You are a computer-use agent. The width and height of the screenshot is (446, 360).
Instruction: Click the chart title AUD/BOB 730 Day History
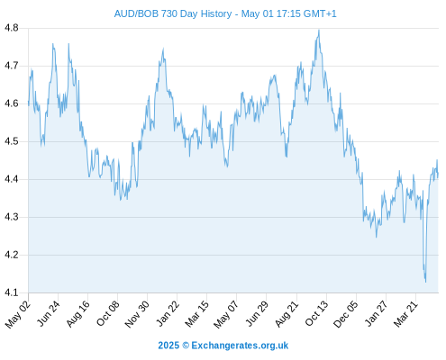point(173,13)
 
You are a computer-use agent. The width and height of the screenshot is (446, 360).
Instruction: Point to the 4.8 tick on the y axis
point(12,28)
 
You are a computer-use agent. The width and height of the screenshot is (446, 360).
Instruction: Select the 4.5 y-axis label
point(12,141)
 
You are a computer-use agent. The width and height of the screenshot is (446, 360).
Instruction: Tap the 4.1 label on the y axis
point(12,292)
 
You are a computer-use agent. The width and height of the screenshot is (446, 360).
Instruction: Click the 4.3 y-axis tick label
point(12,217)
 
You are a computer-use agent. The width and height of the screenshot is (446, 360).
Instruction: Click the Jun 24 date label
point(49,313)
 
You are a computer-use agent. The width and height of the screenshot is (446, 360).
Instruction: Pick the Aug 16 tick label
point(78,313)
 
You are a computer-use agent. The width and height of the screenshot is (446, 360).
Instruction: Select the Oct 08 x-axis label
point(108,313)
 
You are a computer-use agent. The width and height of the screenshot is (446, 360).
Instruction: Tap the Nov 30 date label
point(137,314)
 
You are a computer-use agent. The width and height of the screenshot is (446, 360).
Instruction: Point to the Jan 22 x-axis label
point(168,313)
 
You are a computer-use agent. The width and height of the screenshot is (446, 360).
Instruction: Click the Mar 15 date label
point(196,314)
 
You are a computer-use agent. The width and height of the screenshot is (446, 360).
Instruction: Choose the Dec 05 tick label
point(346,314)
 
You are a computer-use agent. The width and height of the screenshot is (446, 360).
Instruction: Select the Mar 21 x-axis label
point(405,314)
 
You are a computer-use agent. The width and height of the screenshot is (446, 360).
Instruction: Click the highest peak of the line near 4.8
point(319,30)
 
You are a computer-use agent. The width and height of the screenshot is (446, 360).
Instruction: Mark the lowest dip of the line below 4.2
point(425,282)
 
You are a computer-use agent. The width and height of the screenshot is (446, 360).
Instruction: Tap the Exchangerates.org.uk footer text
point(240,346)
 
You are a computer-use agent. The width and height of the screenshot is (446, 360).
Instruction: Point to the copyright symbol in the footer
point(186,346)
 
